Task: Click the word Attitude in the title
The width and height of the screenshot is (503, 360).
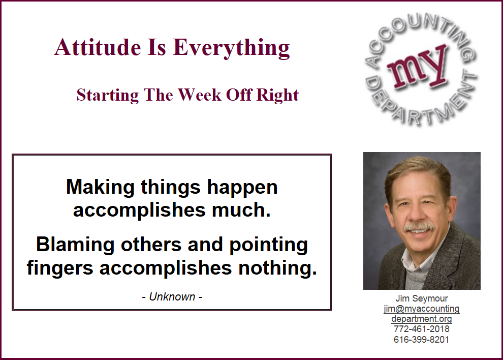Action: pos(98,47)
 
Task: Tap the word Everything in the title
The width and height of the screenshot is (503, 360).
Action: pos(231,48)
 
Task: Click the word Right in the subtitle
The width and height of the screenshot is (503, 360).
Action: pos(277,96)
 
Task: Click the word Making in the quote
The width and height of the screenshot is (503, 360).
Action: pos(101,187)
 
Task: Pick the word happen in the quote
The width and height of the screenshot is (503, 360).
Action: pos(242,187)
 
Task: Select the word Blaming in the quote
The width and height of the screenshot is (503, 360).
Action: pos(75,245)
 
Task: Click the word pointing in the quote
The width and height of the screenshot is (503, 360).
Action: pos(268,245)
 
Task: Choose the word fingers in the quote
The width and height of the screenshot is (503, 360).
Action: pos(60,268)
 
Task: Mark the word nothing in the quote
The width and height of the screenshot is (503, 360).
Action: pos(277,267)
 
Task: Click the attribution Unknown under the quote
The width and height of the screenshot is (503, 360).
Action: pos(172,297)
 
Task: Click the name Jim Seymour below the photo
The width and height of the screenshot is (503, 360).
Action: pos(422,298)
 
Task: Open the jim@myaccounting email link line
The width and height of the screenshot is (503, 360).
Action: pos(422,309)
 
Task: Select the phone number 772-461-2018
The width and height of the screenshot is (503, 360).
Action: pos(422,329)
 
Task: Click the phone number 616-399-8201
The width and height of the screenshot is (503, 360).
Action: pos(422,340)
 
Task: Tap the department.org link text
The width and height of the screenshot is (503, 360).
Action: pos(422,319)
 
